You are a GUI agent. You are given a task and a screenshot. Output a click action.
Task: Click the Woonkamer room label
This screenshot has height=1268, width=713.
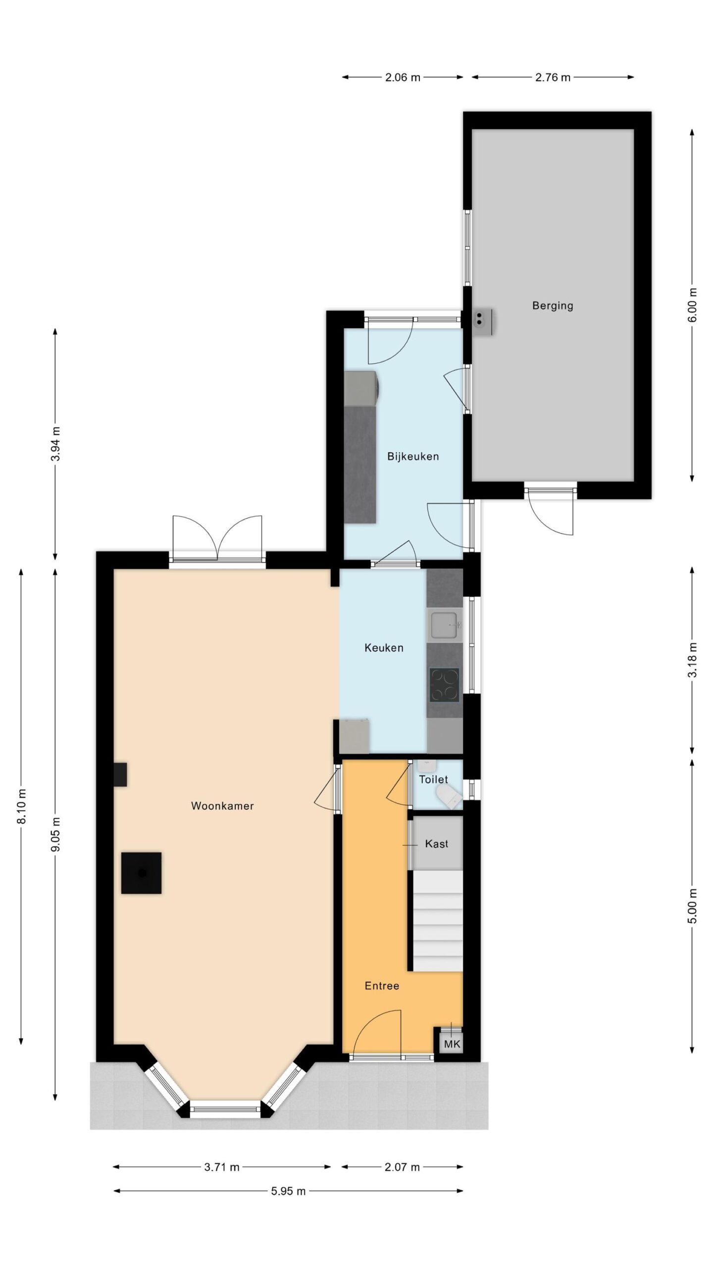click(222, 806)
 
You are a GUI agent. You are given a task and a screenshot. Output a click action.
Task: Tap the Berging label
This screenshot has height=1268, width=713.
click(553, 306)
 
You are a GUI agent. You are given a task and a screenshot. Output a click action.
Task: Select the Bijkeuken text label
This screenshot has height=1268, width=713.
click(413, 456)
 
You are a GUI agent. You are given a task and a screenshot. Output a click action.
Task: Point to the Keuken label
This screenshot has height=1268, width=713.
click(384, 647)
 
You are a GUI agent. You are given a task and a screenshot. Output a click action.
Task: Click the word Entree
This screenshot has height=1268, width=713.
click(382, 986)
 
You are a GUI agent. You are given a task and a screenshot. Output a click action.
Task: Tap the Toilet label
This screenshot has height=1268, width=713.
click(433, 779)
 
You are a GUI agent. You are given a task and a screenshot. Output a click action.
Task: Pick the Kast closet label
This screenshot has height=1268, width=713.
click(437, 844)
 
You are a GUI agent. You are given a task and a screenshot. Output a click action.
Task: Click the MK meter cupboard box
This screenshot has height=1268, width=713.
click(452, 1044)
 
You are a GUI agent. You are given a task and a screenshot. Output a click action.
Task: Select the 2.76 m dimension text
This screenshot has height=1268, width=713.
click(553, 77)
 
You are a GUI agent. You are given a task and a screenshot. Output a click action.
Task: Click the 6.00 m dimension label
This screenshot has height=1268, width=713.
click(692, 305)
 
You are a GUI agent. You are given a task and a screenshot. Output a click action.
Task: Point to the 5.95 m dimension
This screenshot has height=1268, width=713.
click(288, 1191)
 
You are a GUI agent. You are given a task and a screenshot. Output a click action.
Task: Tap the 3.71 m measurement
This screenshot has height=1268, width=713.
click(222, 1167)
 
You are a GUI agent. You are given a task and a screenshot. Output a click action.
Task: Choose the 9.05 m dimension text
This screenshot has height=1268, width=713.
click(56, 834)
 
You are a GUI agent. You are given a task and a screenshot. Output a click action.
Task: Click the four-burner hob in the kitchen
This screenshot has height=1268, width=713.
click(444, 685)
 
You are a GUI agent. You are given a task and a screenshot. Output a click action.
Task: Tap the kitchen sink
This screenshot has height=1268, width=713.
click(445, 625)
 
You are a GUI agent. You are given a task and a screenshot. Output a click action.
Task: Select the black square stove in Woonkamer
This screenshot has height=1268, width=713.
click(142, 873)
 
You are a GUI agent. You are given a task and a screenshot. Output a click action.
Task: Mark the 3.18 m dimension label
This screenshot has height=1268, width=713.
click(692, 660)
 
